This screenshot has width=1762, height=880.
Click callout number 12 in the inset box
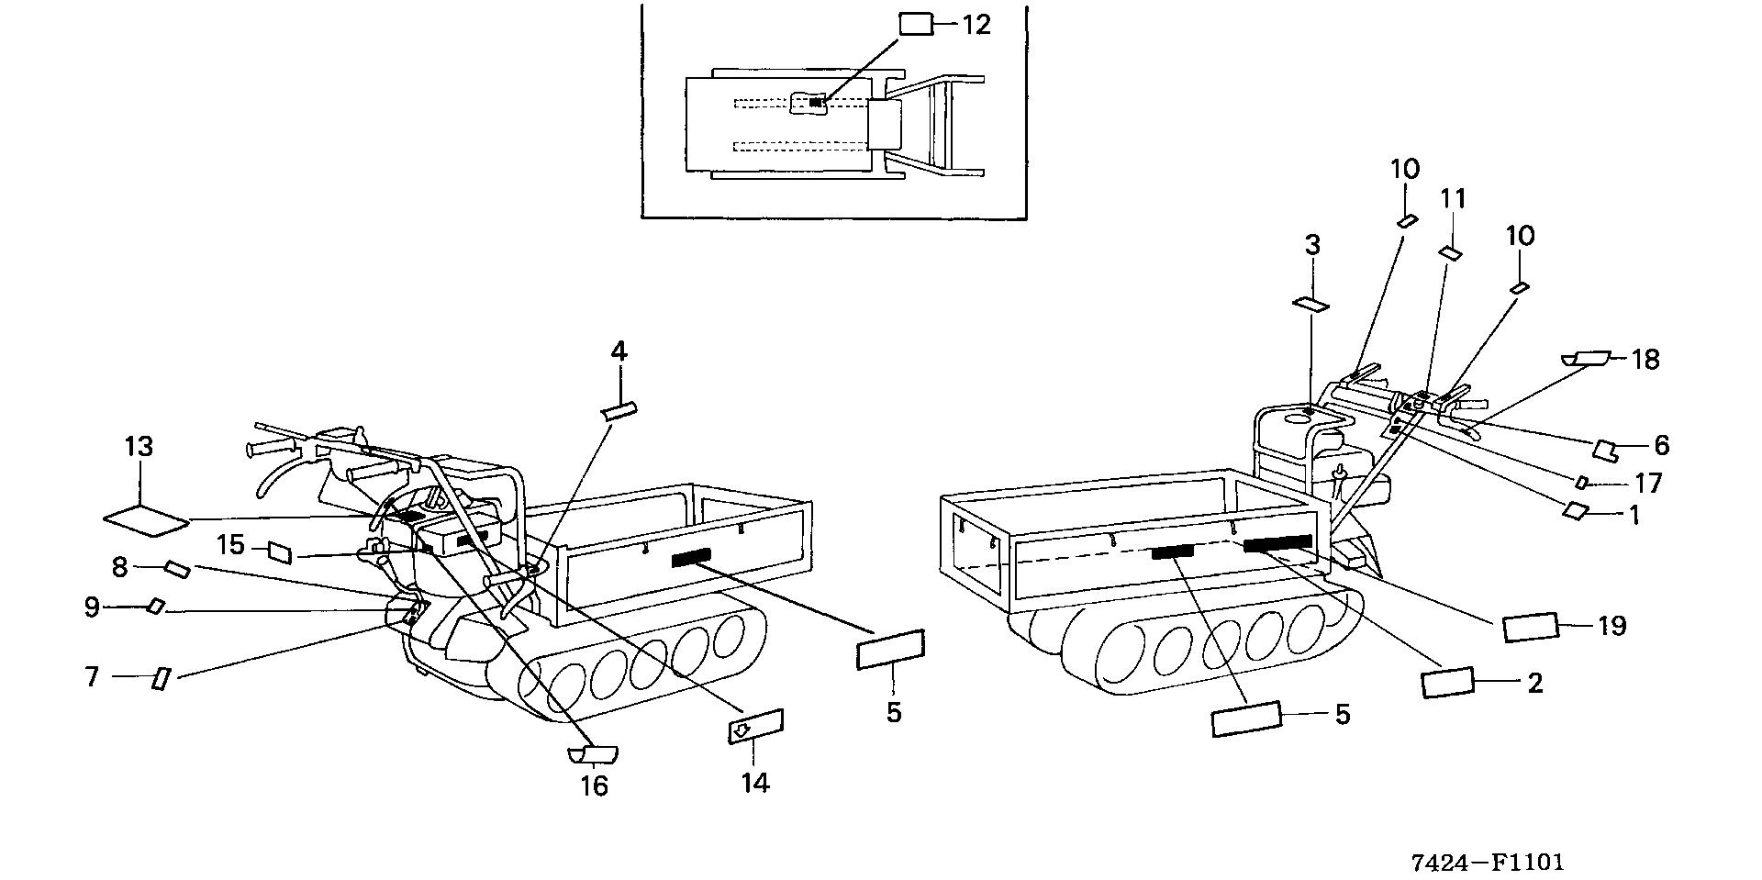pos(976,25)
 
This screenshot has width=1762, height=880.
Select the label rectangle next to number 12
pos(915,24)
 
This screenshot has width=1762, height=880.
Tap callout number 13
pos(139,448)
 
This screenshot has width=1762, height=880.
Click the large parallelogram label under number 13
pos(145,520)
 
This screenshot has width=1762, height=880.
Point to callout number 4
pos(619,351)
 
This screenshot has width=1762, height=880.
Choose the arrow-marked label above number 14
pos(755,727)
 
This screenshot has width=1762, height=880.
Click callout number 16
pos(595,785)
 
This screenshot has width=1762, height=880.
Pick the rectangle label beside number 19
pos(1530,628)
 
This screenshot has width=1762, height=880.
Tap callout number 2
pos(1534,683)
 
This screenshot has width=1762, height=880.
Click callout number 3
pos(1312,245)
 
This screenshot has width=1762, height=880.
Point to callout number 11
pos(1453,199)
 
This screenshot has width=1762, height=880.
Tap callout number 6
pos(1661,446)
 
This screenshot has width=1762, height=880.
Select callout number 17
pos(1648,482)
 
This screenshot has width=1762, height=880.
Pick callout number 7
pos(91,677)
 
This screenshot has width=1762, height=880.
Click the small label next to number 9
pos(156,606)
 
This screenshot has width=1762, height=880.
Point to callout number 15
pos(230,545)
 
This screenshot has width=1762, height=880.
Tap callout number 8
pos(119,567)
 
